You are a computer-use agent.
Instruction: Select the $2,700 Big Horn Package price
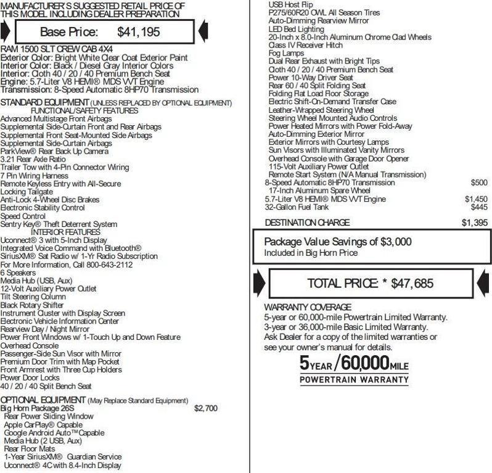click(x=205, y=408)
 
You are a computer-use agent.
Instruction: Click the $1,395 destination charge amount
click(x=474, y=223)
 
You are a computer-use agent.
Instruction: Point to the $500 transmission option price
click(x=478, y=183)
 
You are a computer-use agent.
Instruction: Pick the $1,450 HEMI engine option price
click(x=475, y=199)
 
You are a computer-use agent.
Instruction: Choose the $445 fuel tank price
click(x=478, y=207)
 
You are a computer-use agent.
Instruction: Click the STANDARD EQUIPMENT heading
click(x=45, y=102)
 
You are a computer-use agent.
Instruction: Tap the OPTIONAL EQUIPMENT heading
click(x=43, y=400)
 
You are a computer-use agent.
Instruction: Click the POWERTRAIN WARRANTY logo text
click(x=354, y=380)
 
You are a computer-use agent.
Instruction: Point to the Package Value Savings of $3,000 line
click(x=337, y=242)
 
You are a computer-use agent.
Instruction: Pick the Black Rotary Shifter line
click(x=32, y=305)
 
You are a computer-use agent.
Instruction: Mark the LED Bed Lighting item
click(x=296, y=29)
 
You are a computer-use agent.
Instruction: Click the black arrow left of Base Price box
click(x=6, y=30)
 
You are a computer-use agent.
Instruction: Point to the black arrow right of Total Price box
click(x=484, y=283)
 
